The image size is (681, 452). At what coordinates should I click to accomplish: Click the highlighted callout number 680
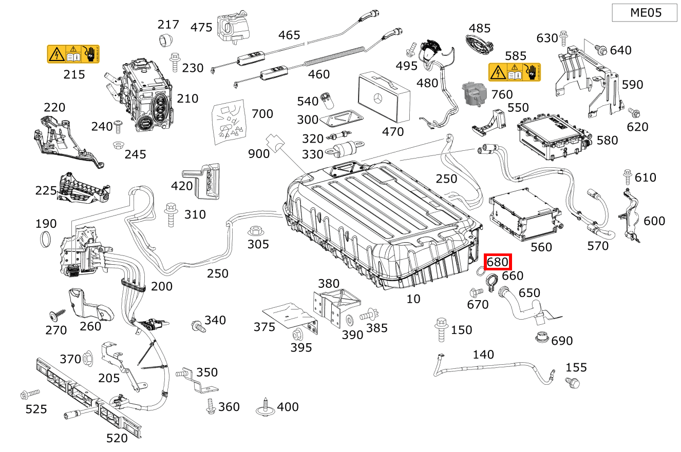[497, 262]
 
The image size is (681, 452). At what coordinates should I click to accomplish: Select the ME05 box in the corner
[645, 13]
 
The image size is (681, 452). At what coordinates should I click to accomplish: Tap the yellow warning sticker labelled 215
[73, 54]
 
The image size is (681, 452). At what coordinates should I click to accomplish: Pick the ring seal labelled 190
[46, 239]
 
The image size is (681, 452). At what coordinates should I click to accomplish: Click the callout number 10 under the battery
[413, 299]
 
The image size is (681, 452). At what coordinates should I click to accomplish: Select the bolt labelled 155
[572, 382]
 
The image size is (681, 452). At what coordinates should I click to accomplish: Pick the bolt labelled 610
[627, 176]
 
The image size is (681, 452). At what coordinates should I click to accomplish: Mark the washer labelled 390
[350, 321]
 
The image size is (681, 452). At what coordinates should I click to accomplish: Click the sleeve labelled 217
[165, 40]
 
